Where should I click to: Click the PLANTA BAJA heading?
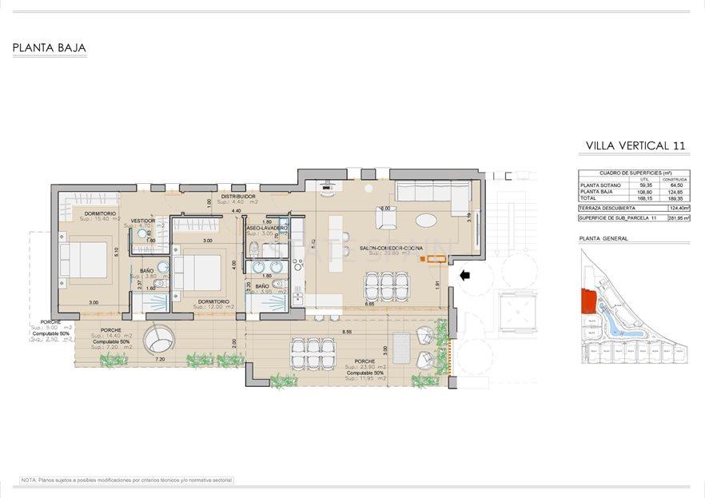tap(49, 48)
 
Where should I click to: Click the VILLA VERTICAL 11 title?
tap(635, 145)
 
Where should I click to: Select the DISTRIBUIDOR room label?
tap(238, 196)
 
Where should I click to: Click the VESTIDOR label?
tap(143, 220)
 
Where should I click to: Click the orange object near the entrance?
tap(436, 257)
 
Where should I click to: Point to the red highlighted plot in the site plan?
tap(588, 301)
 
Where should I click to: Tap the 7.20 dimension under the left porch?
tap(159, 360)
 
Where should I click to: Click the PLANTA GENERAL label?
tap(603, 238)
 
